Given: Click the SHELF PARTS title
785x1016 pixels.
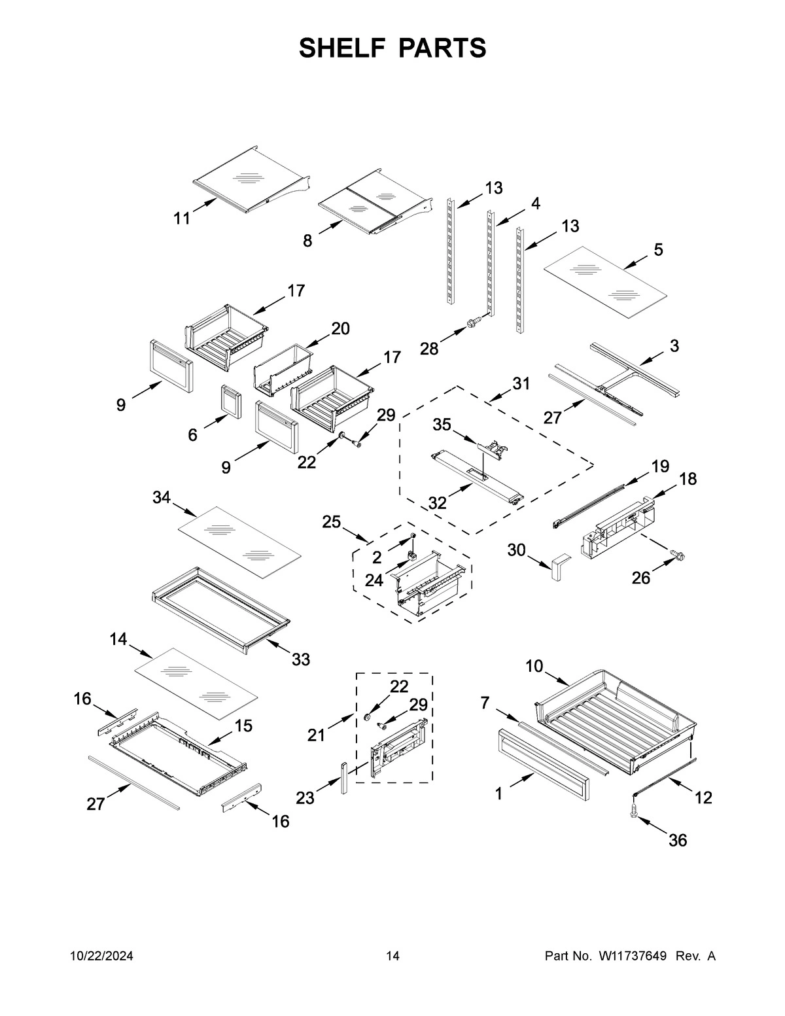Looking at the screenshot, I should point(392,48).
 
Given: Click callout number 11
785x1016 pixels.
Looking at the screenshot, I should point(182,219).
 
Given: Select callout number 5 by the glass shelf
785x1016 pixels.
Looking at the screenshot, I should point(657,249).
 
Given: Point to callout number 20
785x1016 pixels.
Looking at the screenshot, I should point(340,328).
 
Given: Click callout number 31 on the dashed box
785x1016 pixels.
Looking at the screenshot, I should point(521,384).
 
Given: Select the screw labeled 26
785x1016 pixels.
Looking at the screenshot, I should point(678,556).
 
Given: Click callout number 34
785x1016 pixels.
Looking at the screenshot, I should point(162,499).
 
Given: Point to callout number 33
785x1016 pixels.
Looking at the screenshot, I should point(300,659).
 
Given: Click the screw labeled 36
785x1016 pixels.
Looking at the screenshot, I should point(635,810).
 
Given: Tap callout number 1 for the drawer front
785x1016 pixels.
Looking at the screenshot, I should point(498,794).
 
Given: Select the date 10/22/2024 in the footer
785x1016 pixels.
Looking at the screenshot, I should point(101,956).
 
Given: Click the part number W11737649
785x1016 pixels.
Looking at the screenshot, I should point(632,956).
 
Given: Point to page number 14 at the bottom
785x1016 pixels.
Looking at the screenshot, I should point(392,956).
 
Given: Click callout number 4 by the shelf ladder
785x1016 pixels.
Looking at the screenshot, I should point(535,203).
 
